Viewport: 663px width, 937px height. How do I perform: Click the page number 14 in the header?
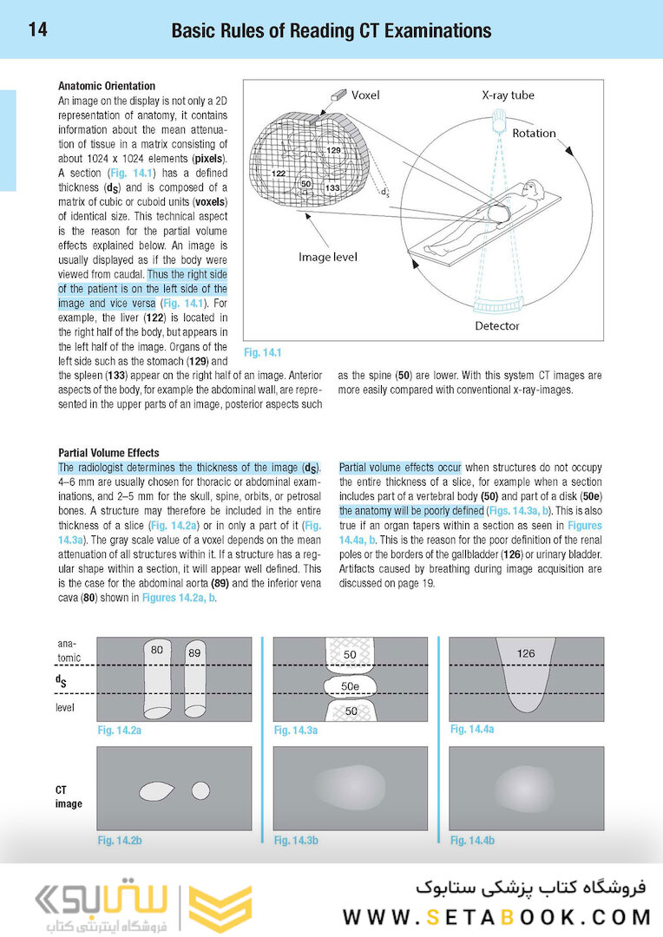[x=37, y=30]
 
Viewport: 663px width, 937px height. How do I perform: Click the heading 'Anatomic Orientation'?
[x=107, y=86]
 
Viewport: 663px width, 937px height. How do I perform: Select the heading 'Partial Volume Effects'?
[x=108, y=453]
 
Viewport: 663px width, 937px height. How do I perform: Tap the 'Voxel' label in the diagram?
[x=365, y=95]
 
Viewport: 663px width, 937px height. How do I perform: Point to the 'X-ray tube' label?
[x=508, y=95]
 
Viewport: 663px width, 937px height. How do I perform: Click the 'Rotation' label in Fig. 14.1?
[x=534, y=134]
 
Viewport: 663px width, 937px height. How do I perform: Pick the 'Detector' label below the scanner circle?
[x=497, y=326]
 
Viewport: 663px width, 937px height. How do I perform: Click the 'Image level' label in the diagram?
[x=327, y=257]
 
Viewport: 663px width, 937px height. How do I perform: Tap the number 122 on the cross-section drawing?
[x=279, y=174]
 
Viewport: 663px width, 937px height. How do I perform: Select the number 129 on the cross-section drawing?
[x=334, y=152]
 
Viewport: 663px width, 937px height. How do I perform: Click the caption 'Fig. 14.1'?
[x=264, y=353]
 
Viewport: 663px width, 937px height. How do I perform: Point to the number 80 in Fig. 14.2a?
[x=157, y=649]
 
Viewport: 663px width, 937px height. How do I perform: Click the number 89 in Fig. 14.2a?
[x=194, y=652]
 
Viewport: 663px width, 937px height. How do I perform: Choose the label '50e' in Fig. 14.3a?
[x=350, y=685]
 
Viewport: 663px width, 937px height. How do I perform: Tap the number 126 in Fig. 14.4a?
[x=525, y=653]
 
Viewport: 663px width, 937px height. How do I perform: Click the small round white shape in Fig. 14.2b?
[x=200, y=791]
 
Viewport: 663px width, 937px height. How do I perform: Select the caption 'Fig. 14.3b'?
[x=296, y=840]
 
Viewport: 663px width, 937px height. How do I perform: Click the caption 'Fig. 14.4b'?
[x=472, y=840]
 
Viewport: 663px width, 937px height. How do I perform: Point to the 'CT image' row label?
[x=69, y=796]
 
